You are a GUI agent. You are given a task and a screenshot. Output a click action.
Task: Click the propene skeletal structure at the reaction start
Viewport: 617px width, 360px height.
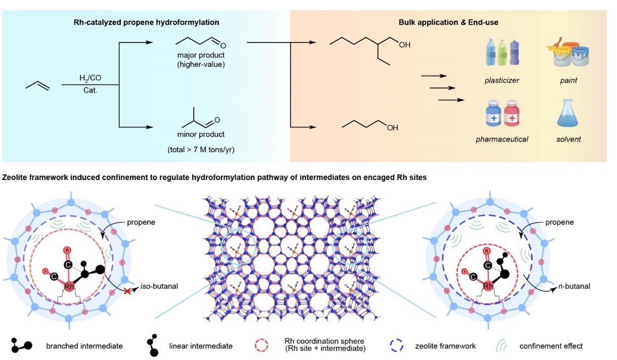click(38, 85)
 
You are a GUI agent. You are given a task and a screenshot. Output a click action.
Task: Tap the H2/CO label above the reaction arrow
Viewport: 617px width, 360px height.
click(91, 78)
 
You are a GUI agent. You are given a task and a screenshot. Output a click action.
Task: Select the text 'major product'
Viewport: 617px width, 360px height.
click(201, 55)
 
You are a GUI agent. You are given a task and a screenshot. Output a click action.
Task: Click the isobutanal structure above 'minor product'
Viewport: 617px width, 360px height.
click(201, 118)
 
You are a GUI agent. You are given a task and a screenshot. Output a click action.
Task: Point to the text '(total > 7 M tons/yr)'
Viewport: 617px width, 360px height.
click(201, 150)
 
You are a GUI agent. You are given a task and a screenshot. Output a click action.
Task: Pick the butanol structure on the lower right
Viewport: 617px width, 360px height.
click(370, 125)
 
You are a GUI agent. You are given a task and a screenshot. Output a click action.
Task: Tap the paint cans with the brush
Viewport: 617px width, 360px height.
click(568, 53)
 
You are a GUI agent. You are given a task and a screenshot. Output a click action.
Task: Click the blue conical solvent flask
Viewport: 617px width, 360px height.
click(568, 113)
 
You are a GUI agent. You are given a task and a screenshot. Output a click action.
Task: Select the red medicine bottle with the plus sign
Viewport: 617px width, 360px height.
click(512, 113)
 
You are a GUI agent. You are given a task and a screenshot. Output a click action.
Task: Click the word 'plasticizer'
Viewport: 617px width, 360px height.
click(502, 80)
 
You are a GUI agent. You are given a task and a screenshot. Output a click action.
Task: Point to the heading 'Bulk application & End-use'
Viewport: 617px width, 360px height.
click(449, 22)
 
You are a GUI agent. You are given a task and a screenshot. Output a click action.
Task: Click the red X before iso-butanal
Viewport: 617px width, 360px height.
click(127, 291)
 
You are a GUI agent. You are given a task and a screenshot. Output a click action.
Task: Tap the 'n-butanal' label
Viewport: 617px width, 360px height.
click(574, 287)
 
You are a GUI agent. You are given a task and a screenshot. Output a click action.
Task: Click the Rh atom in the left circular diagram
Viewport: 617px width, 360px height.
click(69, 287)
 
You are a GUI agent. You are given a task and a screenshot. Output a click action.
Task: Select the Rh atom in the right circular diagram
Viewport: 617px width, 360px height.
click(488, 286)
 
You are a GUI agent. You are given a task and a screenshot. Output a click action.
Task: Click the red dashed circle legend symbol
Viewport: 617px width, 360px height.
click(261, 345)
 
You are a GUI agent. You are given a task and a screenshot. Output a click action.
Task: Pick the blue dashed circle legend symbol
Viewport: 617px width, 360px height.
click(396, 345)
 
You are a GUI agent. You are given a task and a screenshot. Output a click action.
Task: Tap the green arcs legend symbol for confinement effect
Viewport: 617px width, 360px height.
click(502, 345)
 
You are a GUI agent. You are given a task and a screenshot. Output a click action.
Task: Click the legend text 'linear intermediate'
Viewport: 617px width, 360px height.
click(201, 346)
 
